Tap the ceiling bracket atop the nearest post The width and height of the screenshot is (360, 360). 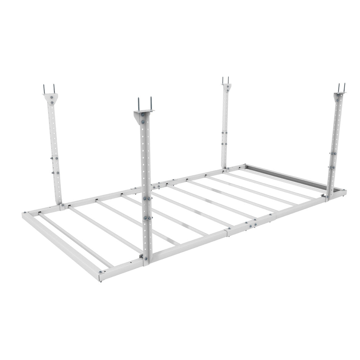[142, 115]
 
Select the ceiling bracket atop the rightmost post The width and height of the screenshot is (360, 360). [340, 95]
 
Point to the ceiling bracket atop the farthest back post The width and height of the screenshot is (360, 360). [226, 87]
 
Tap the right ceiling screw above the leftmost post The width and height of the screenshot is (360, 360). [54, 89]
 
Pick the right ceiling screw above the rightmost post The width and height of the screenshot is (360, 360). [344, 87]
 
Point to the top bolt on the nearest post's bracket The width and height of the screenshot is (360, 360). [143, 115]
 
